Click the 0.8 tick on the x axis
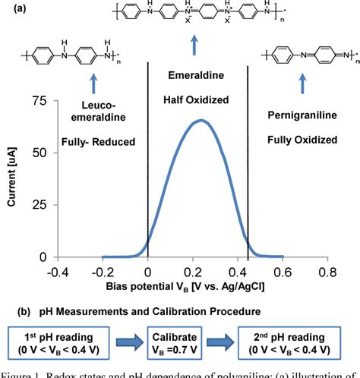pyautogui.click(x=328, y=271)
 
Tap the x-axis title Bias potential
pyautogui.click(x=192, y=285)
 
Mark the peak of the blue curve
pyautogui.click(x=201, y=120)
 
